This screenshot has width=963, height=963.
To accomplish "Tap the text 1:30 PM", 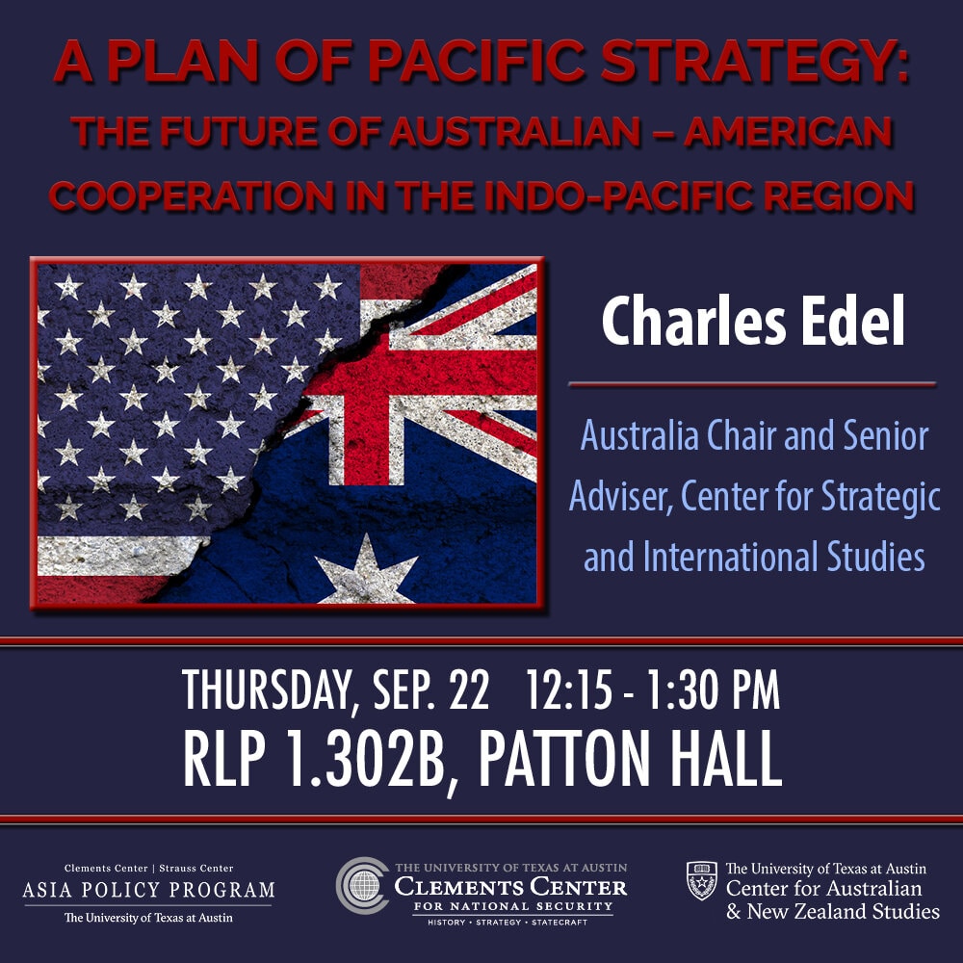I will click(710, 692).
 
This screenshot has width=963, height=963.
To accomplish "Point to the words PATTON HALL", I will click(630, 759).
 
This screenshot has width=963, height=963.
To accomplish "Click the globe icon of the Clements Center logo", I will click(363, 885).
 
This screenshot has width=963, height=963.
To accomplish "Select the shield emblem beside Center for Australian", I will click(701, 879).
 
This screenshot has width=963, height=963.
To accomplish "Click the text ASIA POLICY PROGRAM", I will click(148, 890).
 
